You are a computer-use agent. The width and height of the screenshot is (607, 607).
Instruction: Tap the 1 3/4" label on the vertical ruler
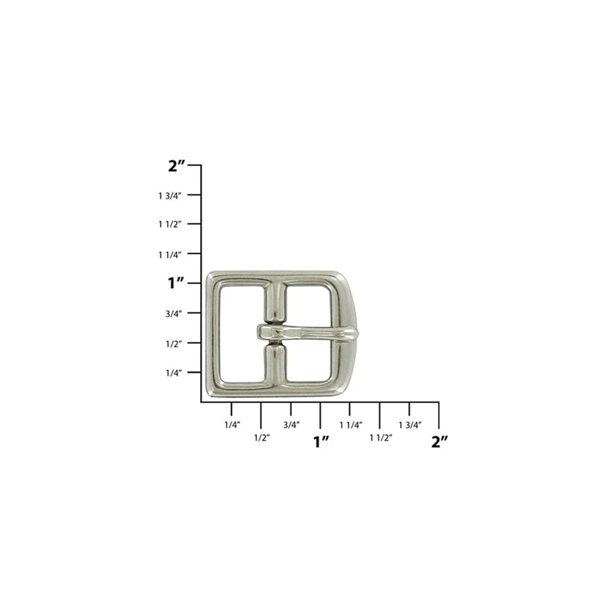click(169, 195)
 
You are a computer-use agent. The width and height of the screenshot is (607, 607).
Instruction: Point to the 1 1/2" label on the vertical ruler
click(169, 224)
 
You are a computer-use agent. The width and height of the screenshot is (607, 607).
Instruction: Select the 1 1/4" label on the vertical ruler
click(169, 254)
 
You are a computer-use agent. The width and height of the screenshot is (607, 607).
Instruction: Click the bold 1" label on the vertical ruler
click(177, 284)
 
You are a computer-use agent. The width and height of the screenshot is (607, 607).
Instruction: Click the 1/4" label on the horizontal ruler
click(232, 424)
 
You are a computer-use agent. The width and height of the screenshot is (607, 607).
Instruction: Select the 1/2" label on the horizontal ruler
click(262, 437)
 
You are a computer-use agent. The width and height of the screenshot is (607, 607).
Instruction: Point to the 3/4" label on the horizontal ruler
click(291, 424)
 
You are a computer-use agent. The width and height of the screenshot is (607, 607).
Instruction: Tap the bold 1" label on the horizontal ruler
click(321, 441)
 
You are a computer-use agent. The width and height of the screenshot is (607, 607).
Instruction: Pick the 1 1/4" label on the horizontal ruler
click(351, 424)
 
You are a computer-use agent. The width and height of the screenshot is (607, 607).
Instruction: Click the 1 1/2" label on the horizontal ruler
click(380, 437)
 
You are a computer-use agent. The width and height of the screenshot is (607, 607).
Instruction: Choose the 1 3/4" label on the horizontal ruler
click(410, 424)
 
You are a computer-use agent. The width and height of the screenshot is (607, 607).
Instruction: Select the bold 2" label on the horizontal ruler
click(439, 441)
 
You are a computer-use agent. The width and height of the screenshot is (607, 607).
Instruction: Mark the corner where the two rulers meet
click(201, 401)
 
